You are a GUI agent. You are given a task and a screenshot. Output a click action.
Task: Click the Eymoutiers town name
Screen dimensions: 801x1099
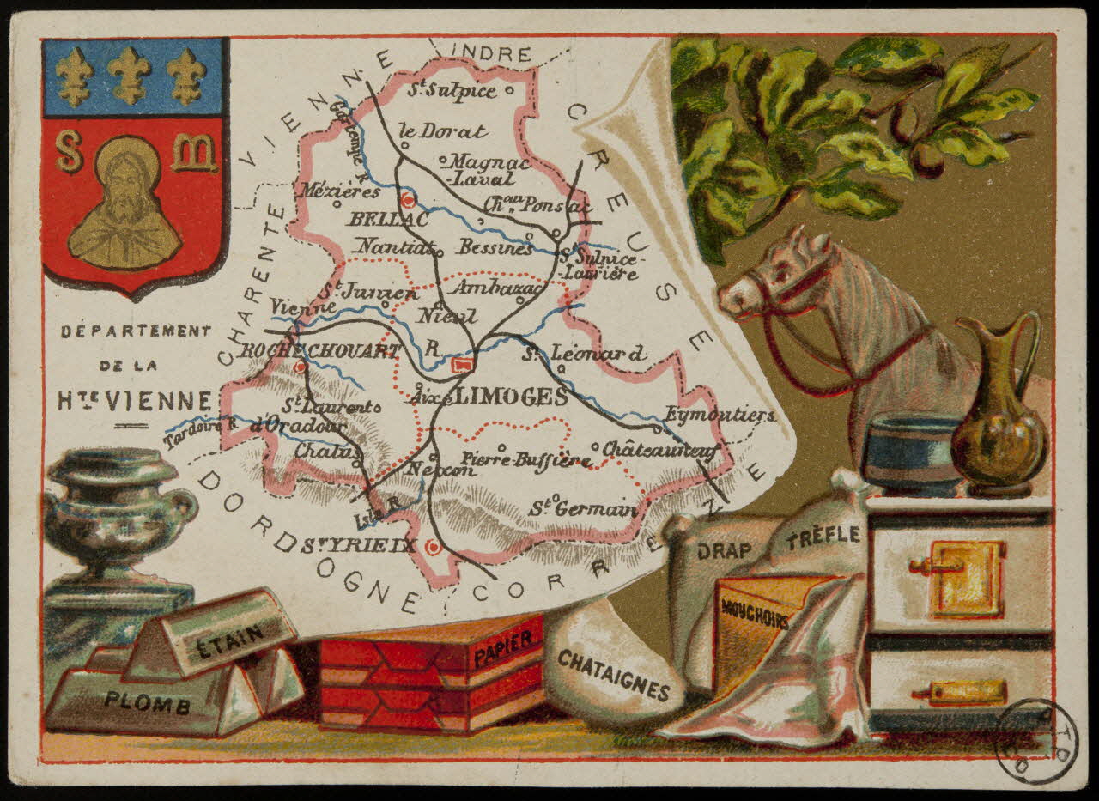[x=720, y=416]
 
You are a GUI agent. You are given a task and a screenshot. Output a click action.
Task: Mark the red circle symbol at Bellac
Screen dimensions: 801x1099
[x=410, y=201]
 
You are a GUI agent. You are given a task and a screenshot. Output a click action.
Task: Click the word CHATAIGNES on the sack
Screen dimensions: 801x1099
[x=612, y=674]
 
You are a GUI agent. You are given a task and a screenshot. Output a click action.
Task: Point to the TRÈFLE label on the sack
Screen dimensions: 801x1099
[x=823, y=536]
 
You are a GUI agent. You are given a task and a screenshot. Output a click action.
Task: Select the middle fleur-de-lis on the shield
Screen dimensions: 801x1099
[x=130, y=76]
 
